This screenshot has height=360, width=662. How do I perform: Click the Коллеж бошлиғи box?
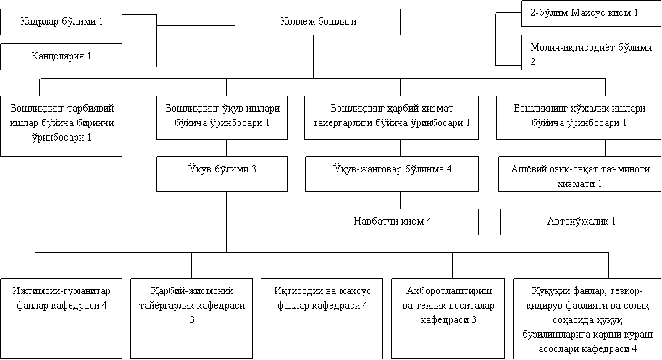tap(317, 22)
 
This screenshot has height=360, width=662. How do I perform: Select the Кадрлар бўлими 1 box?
tap(62, 22)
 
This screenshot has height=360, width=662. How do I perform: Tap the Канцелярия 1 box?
tap(62, 56)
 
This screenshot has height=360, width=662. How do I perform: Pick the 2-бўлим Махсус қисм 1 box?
tap(591, 14)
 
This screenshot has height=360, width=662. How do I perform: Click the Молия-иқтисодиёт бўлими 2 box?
tap(591, 52)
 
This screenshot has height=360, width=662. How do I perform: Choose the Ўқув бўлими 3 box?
tap(222, 174)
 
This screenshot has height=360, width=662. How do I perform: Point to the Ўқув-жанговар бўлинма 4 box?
tap(392, 174)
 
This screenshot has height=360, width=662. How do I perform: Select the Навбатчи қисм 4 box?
tap(393, 222)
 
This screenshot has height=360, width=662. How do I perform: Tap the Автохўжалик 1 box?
tap(581, 222)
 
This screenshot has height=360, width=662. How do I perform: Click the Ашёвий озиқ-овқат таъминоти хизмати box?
tap(579, 174)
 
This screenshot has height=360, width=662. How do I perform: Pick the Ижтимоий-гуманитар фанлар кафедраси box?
tap(62, 318)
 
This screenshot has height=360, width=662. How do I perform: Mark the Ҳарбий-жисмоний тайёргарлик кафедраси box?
tap(192, 318)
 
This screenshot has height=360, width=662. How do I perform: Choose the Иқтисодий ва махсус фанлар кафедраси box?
tap(322, 318)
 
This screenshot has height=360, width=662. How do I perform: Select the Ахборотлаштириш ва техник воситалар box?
tap(448, 318)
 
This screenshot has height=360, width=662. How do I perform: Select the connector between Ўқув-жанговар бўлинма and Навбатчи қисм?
tap(401, 201)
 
